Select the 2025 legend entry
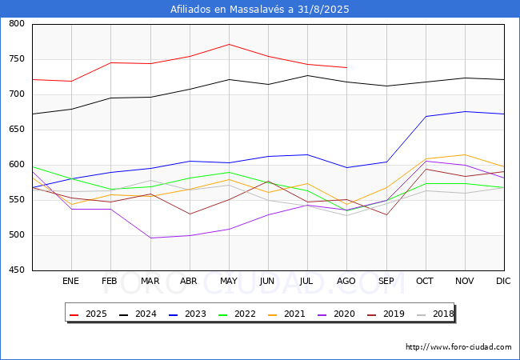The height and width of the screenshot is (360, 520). tap(88, 314)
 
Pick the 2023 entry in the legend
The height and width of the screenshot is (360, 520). tap(187, 314)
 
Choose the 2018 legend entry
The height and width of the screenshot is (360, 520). tap(435, 314)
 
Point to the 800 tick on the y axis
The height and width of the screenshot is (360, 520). tap(17, 23)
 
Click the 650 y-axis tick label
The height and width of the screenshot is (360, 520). tap(17, 130)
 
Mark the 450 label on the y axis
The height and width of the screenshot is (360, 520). tap(17, 270)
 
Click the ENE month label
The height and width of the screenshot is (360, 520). tap(70, 281)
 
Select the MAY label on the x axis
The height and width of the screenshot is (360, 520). tap(229, 281)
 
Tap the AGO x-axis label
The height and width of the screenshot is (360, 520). tap(346, 281)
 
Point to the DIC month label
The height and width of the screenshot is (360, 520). tap(503, 281)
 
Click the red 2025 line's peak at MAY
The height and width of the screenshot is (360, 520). tap(229, 45)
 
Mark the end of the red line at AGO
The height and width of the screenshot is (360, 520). tap(347, 68)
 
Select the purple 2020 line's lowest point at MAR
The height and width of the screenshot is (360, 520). tap(150, 238)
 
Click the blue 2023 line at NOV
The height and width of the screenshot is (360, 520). tap(465, 112)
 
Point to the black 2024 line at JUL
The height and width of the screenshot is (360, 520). tap(308, 75)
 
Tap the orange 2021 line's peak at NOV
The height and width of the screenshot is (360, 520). tap(465, 155)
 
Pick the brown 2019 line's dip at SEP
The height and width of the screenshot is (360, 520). tap(386, 215)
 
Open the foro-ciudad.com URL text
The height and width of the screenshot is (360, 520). tap(458, 346)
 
